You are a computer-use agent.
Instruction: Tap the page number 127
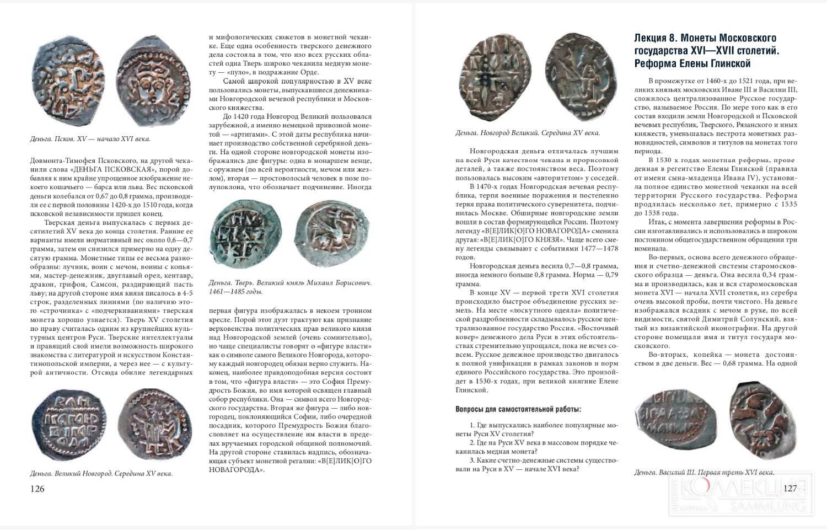[790, 489]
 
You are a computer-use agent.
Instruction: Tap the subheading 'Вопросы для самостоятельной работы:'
[518, 409]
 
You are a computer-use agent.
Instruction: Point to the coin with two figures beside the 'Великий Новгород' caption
[149, 424]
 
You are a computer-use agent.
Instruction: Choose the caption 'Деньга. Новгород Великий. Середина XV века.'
[528, 133]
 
